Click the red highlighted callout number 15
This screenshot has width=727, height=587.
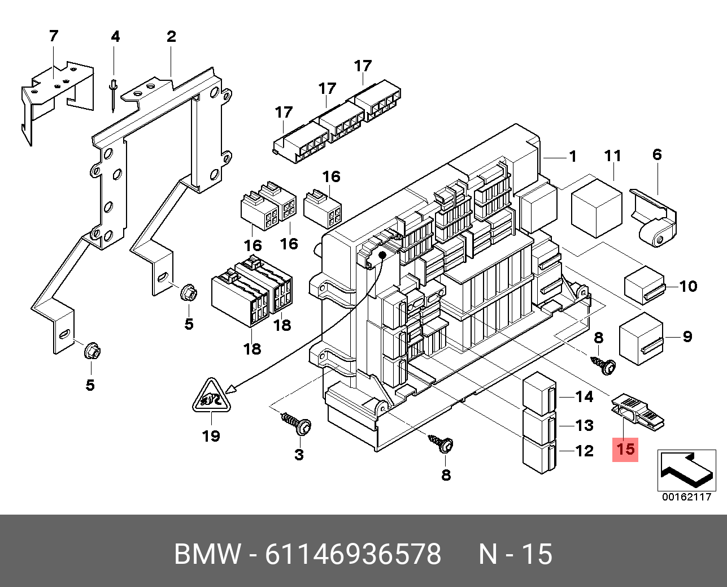coord(625,450)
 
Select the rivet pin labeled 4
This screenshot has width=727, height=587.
coord(114,93)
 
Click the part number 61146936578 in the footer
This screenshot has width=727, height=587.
coord(353,554)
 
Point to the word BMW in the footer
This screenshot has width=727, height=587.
coord(207,554)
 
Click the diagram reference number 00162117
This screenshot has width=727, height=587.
coord(686,498)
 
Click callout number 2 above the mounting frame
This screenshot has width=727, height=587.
coord(171,37)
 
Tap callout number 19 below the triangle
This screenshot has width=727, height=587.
coord(211,436)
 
